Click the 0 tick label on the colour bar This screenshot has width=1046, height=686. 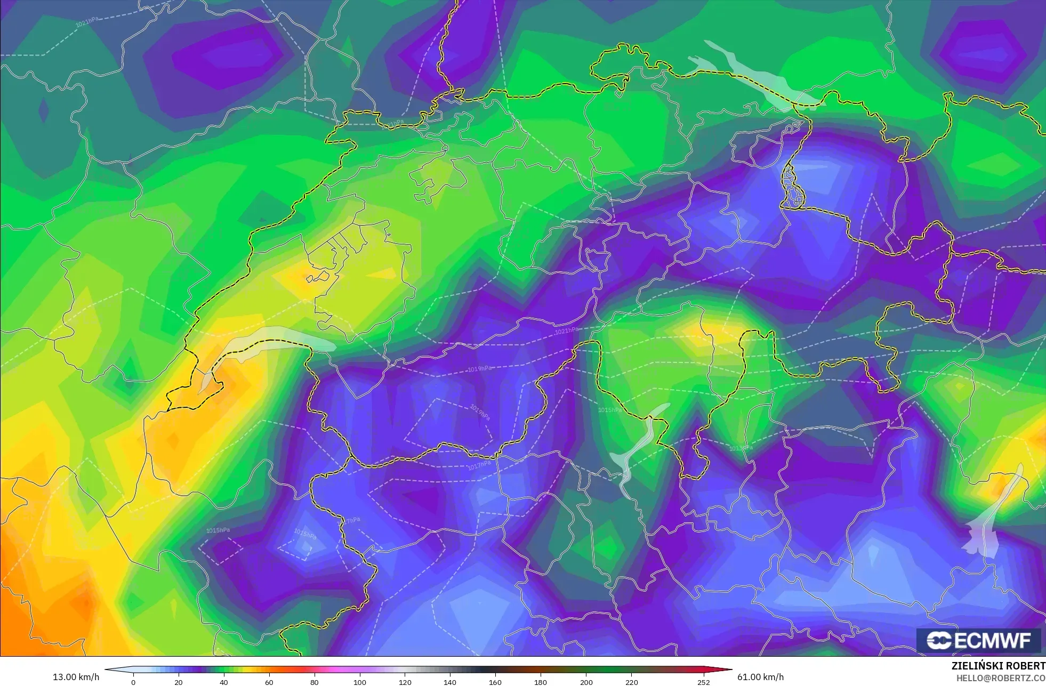[133, 682]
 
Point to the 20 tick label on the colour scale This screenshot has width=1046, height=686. [179, 682]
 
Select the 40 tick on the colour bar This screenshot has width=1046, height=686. [224, 682]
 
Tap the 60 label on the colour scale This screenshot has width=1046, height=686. [269, 682]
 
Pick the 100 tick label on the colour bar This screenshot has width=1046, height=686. [360, 682]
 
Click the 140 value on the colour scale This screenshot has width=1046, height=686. [450, 682]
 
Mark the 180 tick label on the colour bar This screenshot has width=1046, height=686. [541, 682]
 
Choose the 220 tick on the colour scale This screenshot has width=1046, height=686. [631, 682]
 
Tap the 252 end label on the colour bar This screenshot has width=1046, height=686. [704, 682]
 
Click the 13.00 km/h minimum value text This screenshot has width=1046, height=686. [76, 677]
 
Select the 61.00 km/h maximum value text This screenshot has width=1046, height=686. [760, 677]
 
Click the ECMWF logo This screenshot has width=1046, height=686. [979, 640]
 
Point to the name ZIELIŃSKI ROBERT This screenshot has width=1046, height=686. [998, 666]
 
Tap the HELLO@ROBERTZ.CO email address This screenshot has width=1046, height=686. [1000, 678]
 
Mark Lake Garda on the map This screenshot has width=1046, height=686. [992, 522]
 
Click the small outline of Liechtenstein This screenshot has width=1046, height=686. [792, 187]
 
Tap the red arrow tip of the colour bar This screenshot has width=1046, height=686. [728, 669]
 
